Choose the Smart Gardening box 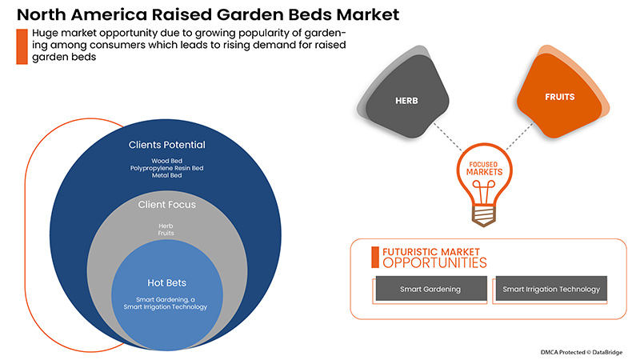pos(430,289)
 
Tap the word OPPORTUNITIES pos(434,262)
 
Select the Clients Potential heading pos(167,145)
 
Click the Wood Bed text pos(167,161)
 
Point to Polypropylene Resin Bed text pos(167,169)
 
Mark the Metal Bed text pos(167,177)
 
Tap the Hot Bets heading pos(167,282)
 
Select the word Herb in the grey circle pos(166,225)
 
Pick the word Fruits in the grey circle pos(166,233)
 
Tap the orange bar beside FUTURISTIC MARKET pos(374,257)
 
